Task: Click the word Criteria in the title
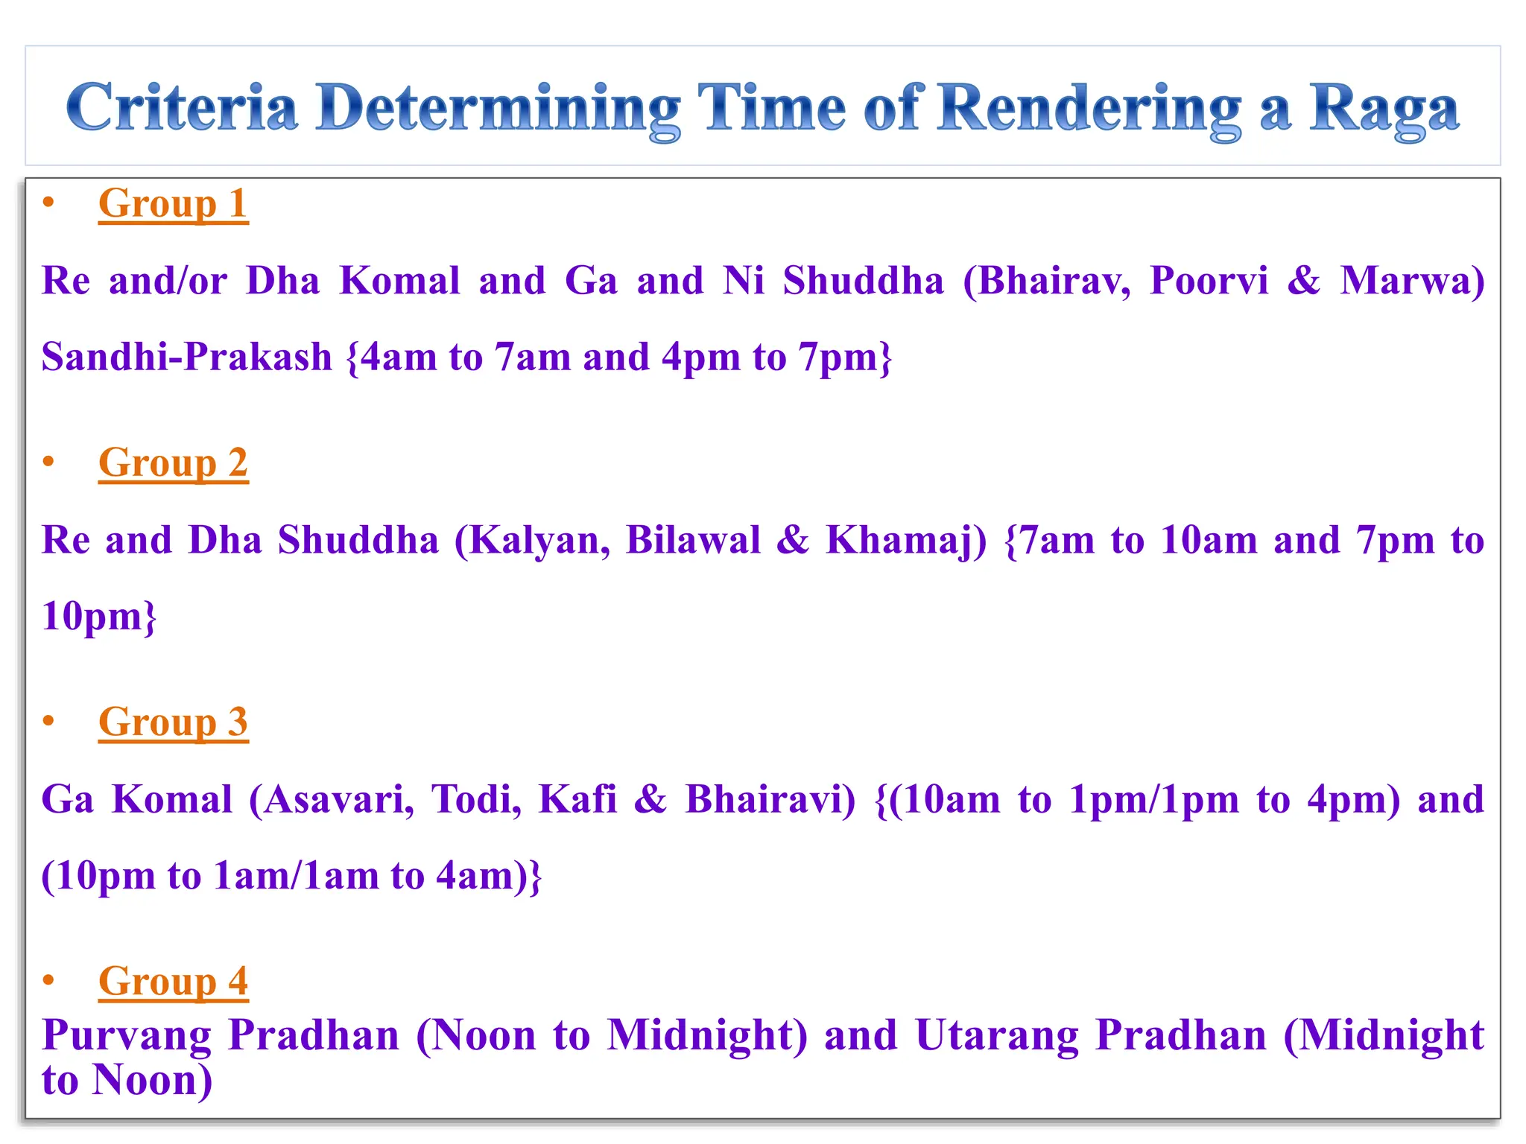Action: (182, 108)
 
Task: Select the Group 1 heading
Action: (173, 203)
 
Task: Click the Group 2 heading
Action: (173, 463)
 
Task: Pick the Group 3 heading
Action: (173, 722)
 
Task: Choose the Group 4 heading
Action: (173, 981)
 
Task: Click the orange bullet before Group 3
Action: (49, 720)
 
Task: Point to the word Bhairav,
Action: (1046, 281)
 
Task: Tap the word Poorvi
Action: (1208, 281)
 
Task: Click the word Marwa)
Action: (1412, 281)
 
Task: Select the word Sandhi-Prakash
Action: (186, 357)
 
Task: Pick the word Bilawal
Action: (693, 540)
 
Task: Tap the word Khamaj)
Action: (906, 540)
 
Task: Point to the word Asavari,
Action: (332, 799)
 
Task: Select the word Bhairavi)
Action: (770, 799)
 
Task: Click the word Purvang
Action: (127, 1036)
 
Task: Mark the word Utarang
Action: (996, 1036)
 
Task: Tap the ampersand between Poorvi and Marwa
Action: (1303, 281)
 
